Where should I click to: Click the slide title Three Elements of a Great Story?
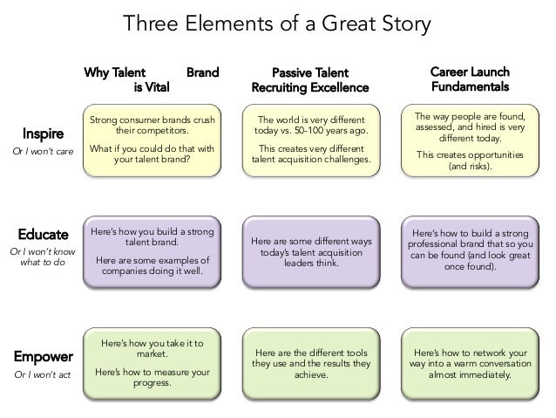[277, 23]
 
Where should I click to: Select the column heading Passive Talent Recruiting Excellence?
[310, 79]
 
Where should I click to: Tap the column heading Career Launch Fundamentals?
[471, 79]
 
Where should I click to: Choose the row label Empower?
[42, 356]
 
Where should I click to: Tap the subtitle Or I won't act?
[42, 375]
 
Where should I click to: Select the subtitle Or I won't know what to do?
[42, 258]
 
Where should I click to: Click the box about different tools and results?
[310, 362]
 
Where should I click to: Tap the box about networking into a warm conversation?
[470, 362]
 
